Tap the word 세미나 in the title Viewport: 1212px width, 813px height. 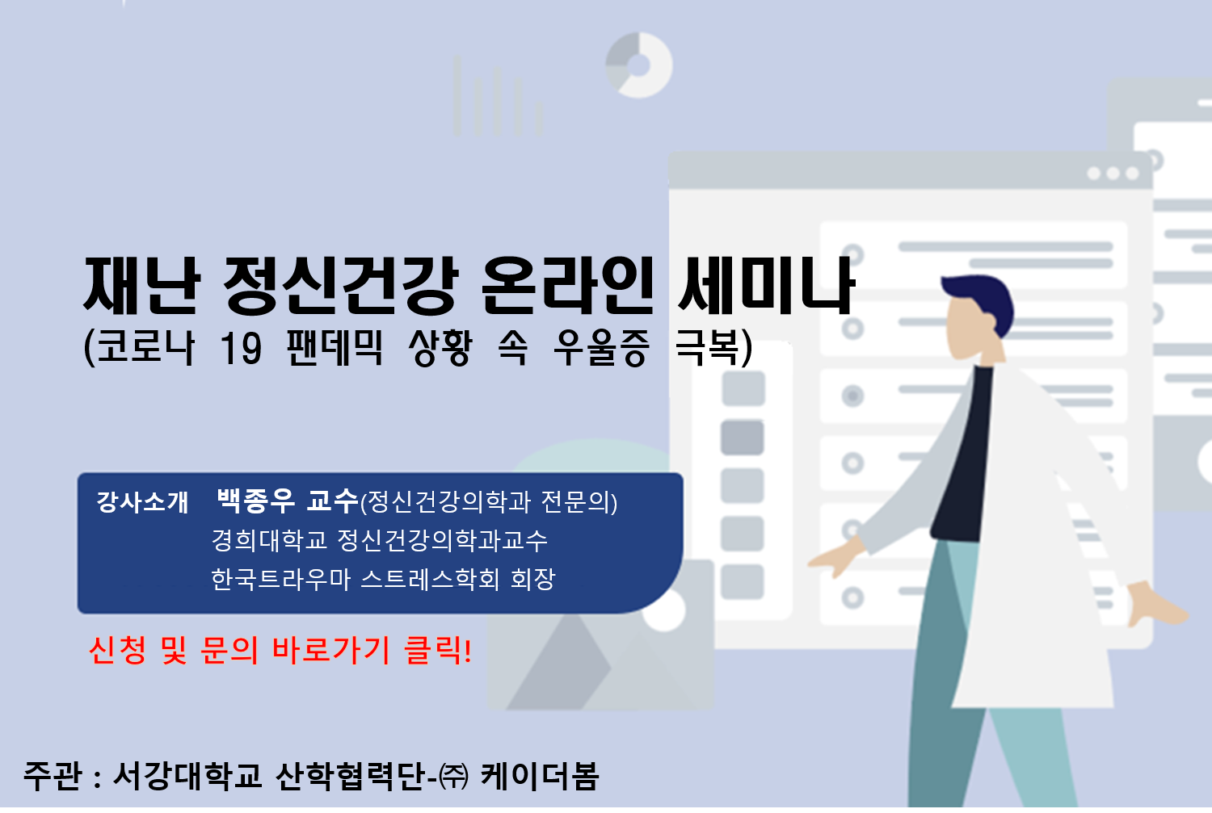tap(766, 285)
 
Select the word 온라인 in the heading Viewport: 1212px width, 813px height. tap(567, 286)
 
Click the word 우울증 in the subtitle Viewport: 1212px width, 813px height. tap(600, 348)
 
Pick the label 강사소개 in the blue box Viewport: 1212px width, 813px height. tap(142, 502)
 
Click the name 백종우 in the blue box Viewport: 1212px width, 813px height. tap(255, 501)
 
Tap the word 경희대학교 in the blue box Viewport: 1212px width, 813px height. tap(269, 540)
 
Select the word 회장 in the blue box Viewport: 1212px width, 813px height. tap(533, 579)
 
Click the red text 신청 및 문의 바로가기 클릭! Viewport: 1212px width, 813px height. tap(280, 650)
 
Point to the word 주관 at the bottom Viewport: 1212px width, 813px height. tap(53, 776)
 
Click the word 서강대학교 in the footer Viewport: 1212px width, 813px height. tap(187, 776)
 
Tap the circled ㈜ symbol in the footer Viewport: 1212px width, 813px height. tap(453, 777)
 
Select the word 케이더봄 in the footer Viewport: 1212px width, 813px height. tap(540, 776)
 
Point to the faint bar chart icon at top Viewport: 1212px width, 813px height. tap(497, 96)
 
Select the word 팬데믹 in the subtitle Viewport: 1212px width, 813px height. tap(335, 348)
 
